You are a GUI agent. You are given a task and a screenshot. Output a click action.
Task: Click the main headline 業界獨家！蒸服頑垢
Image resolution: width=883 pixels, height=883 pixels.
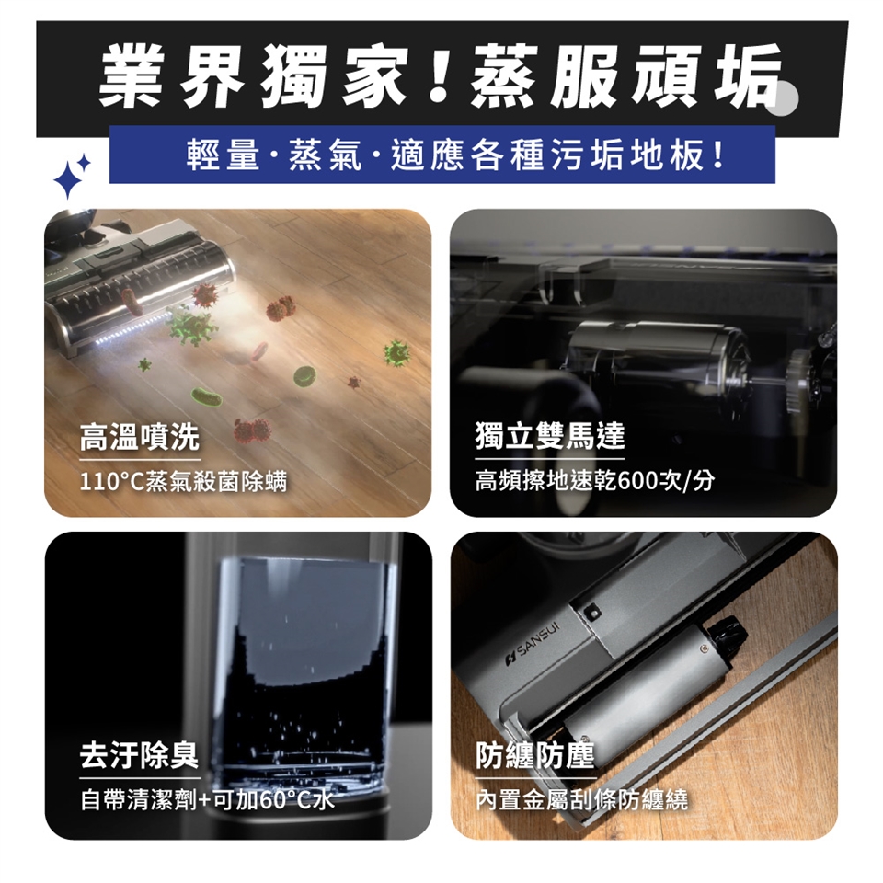click(441, 76)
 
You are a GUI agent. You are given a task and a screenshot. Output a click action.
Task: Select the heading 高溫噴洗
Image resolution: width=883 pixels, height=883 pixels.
click(140, 437)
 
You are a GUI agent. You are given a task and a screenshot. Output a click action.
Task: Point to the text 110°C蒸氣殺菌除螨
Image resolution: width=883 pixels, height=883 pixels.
click(184, 482)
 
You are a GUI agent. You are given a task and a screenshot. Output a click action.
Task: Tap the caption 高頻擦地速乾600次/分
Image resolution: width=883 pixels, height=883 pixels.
click(595, 481)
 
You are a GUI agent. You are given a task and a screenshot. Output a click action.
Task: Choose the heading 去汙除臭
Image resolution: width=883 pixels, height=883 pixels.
click(139, 755)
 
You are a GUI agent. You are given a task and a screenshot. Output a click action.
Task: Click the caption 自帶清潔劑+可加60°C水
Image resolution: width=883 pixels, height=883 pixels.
click(207, 800)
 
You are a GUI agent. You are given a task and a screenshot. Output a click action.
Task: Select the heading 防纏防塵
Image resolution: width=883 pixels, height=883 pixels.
click(535, 755)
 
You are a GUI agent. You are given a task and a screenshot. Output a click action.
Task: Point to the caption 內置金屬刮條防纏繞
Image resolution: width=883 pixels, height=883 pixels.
click(581, 800)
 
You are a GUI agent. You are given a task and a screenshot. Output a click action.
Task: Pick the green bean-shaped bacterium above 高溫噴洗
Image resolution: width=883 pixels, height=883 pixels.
click(207, 397)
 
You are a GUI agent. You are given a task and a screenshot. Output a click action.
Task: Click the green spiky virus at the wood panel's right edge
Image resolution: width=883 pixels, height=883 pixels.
click(397, 353)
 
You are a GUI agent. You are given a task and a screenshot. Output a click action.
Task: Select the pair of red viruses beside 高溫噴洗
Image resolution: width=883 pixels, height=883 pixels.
click(253, 430)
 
